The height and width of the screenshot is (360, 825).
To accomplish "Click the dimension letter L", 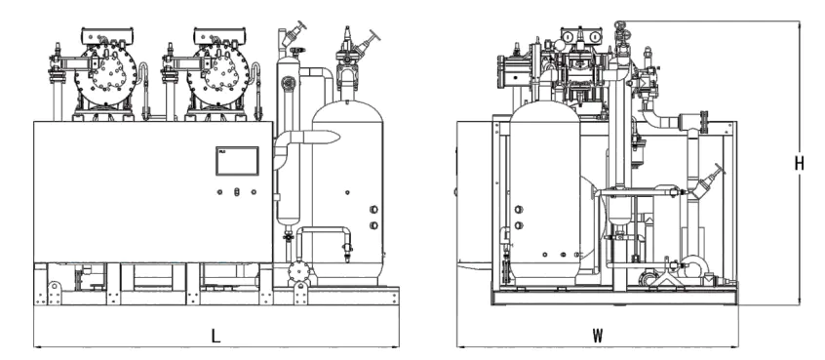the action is click(x=216, y=337).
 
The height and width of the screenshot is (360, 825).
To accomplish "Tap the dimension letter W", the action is click(x=597, y=337).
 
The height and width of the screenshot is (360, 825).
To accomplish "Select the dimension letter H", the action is click(x=800, y=164).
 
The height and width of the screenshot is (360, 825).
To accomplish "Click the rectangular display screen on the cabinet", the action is click(x=237, y=161).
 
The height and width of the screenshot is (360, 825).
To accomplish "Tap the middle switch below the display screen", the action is click(x=237, y=192).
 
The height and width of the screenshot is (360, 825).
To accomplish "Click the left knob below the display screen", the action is click(x=220, y=192).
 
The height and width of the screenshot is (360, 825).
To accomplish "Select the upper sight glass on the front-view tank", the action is click(x=373, y=210).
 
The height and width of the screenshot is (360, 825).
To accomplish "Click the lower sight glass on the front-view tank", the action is click(x=373, y=225).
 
